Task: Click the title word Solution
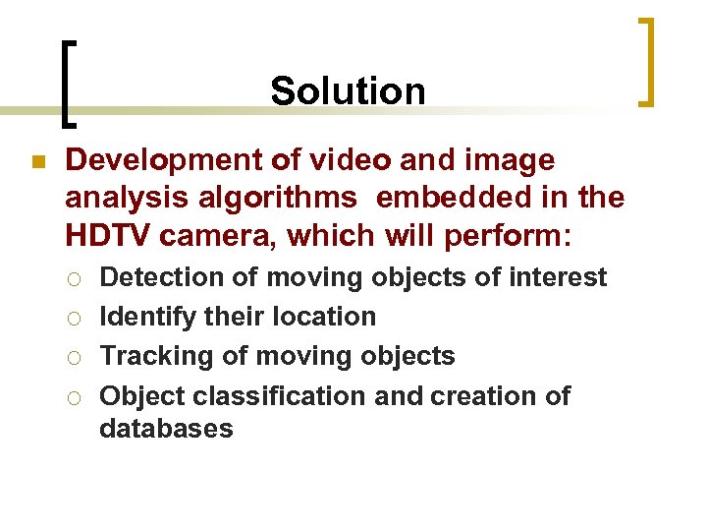[x=348, y=91]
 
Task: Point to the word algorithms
[x=283, y=198]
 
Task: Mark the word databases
[x=166, y=429]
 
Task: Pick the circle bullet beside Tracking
[x=77, y=357]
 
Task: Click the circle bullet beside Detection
[x=77, y=278]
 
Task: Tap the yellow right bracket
[x=645, y=61]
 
